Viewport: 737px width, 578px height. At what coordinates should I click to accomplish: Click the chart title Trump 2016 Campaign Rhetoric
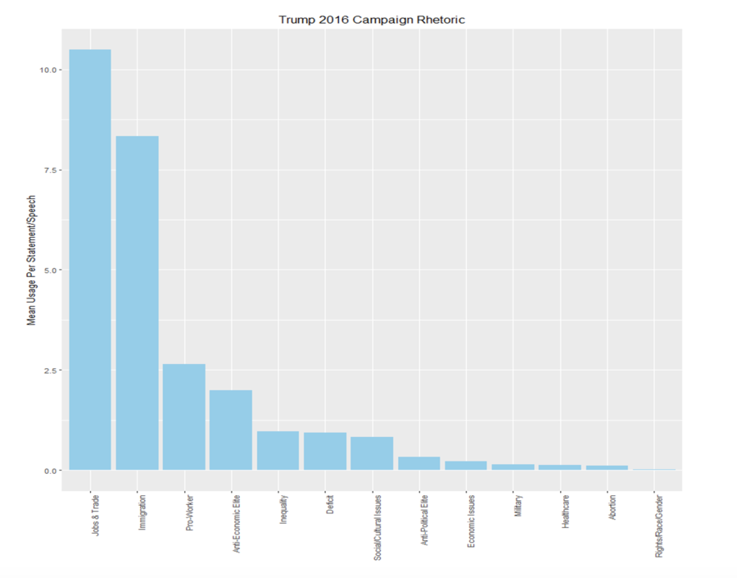[x=371, y=19]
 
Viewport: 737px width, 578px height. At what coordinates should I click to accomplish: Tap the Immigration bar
[x=137, y=303]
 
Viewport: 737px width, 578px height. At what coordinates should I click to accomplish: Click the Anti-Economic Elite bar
[x=231, y=430]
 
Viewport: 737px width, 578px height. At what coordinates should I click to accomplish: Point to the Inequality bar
[x=278, y=450]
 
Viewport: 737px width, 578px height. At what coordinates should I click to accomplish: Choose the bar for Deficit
[x=324, y=451]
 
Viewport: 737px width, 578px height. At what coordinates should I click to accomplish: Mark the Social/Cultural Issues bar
[x=372, y=453]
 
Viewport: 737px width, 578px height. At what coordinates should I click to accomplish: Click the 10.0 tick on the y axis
[x=47, y=70]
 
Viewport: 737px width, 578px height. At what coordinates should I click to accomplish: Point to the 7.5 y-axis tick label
[x=50, y=170]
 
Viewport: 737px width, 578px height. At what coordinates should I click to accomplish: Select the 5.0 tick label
[x=50, y=270]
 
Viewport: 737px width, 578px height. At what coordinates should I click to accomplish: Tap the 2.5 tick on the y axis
[x=50, y=370]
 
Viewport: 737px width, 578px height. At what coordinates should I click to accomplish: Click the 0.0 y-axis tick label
[x=50, y=471]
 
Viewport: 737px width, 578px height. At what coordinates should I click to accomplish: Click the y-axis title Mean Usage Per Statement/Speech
[x=31, y=261]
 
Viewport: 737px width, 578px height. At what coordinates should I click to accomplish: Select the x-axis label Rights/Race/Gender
[x=659, y=526]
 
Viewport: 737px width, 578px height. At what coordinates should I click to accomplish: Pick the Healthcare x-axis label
[x=566, y=512]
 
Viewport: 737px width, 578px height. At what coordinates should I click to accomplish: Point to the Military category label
[x=518, y=506]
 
